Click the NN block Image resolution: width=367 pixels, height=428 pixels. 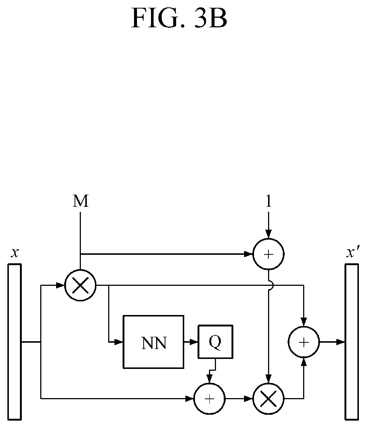pos(153,342)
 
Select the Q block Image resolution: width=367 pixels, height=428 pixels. pos(215,342)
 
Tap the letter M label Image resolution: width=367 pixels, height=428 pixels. pos(80,201)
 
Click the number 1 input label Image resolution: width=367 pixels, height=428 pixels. pos(269,201)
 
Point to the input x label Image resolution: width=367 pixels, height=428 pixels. pos(15,253)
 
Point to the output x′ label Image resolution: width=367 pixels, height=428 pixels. pos(353,252)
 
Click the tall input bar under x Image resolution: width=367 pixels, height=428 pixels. pos(14,341)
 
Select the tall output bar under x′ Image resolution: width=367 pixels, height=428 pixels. pos(352,341)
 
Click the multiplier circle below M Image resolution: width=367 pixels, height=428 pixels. pos(80,285)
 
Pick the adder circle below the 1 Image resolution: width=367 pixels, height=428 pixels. pos(269,254)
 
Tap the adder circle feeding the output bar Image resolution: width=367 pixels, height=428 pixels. pos(304,342)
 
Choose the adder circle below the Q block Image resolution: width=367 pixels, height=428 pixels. pos(209,399)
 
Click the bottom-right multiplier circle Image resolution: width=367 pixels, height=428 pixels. pos(269,399)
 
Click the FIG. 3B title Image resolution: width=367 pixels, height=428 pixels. pos(179,18)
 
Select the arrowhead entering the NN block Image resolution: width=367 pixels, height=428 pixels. pos(119,342)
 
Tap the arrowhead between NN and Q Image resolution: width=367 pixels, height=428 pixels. pos(193,342)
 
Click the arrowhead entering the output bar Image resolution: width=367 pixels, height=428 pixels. pos(341,342)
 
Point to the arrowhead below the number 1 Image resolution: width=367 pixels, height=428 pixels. pos(269,234)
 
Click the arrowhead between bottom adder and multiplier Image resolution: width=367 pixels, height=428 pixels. pos(248,399)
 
